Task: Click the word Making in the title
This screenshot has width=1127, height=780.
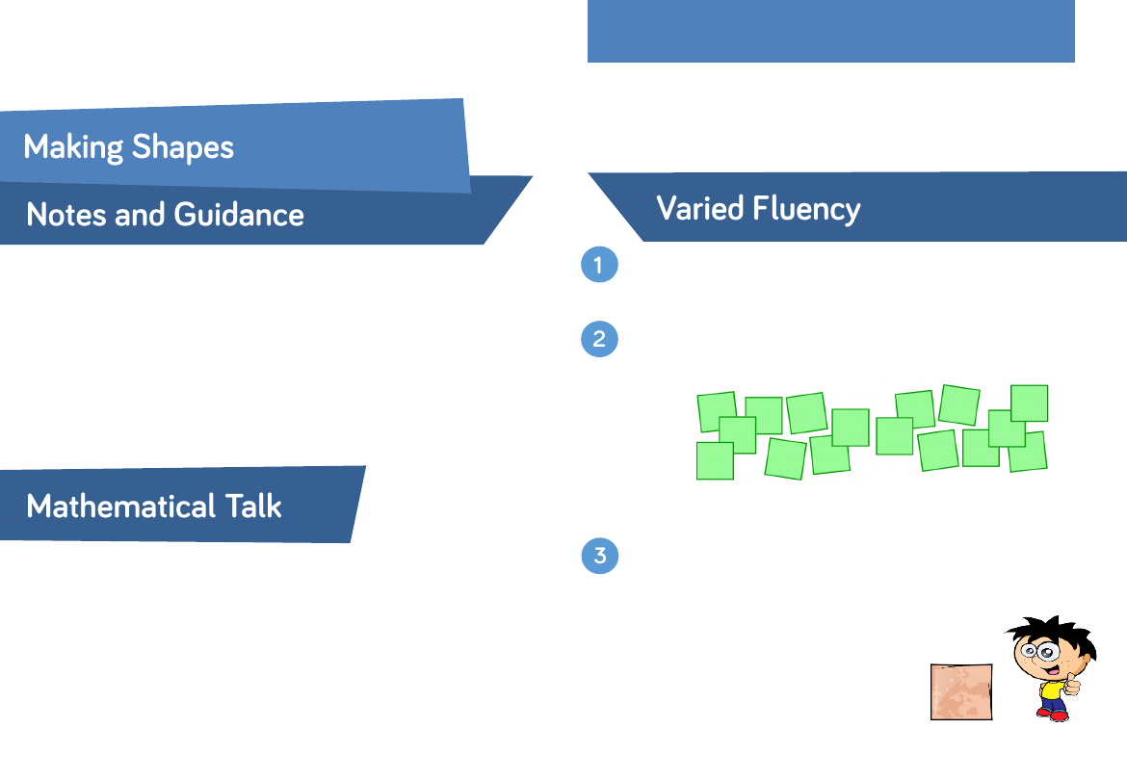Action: [73, 147]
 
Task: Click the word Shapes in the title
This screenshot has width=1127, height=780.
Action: [183, 148]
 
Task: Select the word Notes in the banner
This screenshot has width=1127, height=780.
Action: [66, 215]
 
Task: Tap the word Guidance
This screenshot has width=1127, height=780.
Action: [239, 215]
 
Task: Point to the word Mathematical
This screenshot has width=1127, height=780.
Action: [120, 507]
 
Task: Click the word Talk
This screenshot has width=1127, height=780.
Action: [253, 507]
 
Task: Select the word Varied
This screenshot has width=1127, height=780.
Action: [700, 208]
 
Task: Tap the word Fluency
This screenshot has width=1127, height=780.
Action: [806, 209]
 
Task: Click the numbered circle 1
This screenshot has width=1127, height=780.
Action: [599, 264]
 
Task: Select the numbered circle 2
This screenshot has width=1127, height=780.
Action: [599, 339]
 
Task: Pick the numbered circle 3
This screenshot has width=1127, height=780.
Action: [599, 556]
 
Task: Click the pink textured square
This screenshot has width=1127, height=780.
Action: [961, 691]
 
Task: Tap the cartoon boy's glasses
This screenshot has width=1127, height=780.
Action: [1038, 652]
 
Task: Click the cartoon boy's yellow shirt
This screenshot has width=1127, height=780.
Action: [1052, 691]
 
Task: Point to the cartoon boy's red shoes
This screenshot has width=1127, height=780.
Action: [1053, 715]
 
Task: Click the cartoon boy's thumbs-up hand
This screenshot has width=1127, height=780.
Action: [1072, 684]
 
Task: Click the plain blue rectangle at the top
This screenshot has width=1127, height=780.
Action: [831, 31]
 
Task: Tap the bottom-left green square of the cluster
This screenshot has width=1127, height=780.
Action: [715, 460]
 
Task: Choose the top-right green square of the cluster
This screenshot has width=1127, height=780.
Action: [1030, 403]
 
